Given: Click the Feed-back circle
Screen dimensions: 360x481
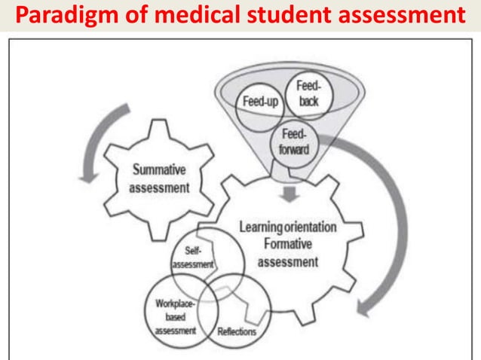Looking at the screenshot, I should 307,93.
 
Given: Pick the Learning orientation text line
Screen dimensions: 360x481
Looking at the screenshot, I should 288,227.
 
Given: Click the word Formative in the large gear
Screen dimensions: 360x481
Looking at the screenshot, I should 288,244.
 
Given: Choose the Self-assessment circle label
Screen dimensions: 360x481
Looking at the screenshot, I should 193,257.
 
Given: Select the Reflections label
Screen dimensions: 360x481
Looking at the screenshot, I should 236,331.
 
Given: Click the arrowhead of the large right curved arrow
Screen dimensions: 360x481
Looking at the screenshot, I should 367,309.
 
